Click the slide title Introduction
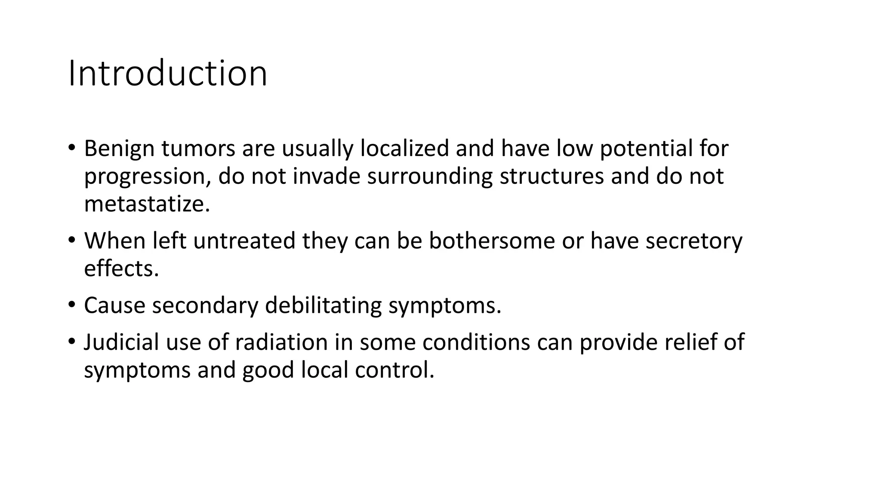coord(168,73)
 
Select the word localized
coord(404,149)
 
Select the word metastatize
coord(147,204)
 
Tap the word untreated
coord(244,241)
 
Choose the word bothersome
coord(492,241)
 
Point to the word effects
coord(121,269)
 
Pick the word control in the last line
coord(394,370)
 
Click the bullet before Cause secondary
coord(71,305)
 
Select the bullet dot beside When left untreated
coord(71,240)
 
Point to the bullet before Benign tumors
coord(71,148)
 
